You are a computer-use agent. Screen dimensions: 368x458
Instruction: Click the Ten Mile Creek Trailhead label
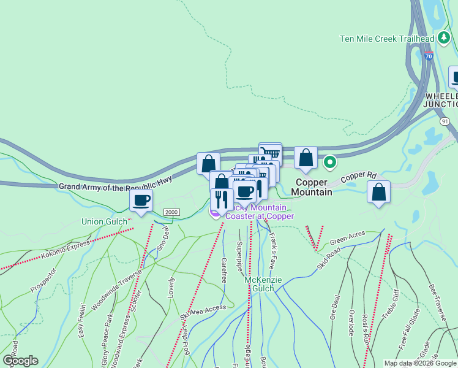click(x=387, y=39)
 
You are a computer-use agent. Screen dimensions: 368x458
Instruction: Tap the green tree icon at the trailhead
click(x=445, y=39)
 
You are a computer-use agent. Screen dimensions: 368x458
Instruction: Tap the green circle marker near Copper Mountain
click(x=330, y=163)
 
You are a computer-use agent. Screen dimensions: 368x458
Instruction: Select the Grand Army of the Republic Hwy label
click(x=116, y=182)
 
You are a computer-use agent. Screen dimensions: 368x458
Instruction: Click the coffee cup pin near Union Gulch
click(x=141, y=200)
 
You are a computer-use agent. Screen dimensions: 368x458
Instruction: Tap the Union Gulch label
click(x=105, y=221)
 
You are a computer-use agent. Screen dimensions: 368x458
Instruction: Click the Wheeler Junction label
click(x=441, y=101)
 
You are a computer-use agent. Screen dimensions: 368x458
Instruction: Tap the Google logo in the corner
click(x=20, y=361)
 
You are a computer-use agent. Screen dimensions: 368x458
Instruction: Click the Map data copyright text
click(x=419, y=363)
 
